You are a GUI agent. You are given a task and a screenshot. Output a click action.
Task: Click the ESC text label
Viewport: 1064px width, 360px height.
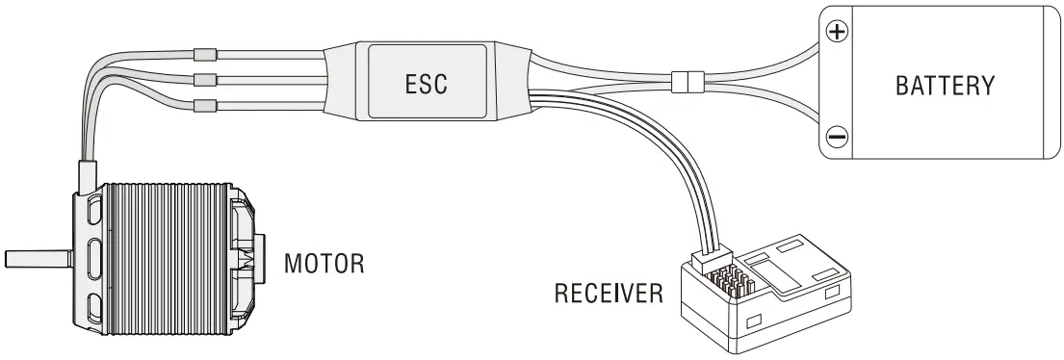click(x=426, y=83)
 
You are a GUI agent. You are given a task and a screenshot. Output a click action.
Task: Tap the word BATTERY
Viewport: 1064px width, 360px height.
click(x=944, y=85)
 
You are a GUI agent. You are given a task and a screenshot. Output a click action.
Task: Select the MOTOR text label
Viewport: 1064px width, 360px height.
click(x=324, y=263)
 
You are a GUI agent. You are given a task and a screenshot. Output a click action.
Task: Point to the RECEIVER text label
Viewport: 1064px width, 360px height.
click(x=609, y=293)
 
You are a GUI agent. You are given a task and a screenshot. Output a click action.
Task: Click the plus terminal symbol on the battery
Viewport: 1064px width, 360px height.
click(x=838, y=31)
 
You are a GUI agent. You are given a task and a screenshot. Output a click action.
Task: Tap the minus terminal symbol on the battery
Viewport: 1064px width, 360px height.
click(x=837, y=138)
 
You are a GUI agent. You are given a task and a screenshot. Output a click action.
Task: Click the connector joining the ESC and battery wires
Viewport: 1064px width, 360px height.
click(x=685, y=82)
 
